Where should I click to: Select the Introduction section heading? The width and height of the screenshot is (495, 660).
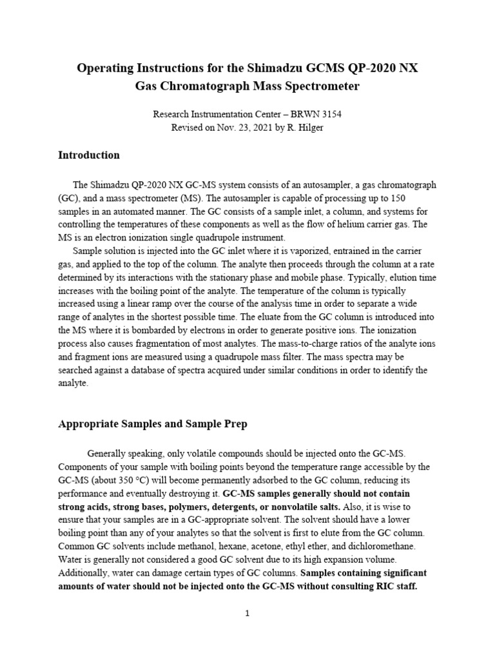[x=89, y=155]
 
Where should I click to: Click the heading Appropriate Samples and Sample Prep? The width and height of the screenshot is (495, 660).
[x=153, y=424]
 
